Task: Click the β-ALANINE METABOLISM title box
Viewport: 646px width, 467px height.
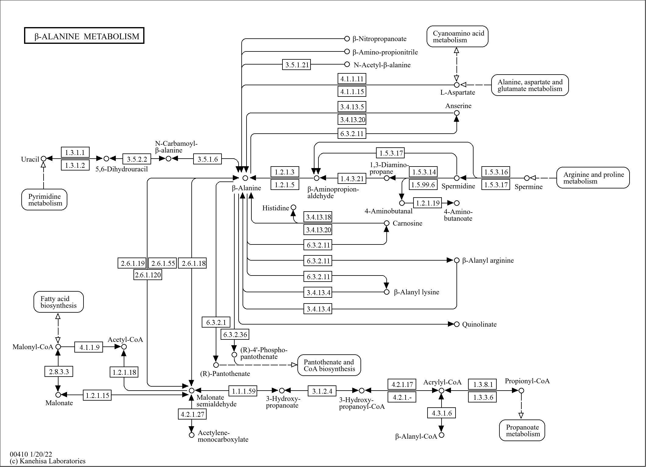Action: [x=84, y=36]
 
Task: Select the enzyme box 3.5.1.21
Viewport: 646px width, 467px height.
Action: [x=296, y=65]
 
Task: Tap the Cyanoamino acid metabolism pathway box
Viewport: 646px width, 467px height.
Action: [x=457, y=37]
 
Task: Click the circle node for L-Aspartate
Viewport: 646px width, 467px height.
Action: [x=456, y=85]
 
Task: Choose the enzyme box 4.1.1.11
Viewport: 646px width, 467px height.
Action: [x=352, y=79]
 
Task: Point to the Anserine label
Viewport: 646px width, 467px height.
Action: [x=458, y=106]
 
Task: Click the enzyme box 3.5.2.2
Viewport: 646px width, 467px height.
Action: [x=137, y=159]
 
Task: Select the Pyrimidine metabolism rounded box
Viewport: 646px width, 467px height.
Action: [x=44, y=200]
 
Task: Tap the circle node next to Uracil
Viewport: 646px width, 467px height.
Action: [x=44, y=159]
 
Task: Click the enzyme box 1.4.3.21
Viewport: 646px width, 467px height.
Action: [x=352, y=178]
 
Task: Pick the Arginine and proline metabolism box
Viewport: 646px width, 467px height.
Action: [x=593, y=178]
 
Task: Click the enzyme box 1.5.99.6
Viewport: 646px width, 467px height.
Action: [x=423, y=184]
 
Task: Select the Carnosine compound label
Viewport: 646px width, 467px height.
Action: [x=407, y=223]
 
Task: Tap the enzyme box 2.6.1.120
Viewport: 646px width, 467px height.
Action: [x=148, y=275]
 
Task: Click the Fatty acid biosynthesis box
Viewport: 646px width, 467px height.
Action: [x=59, y=302]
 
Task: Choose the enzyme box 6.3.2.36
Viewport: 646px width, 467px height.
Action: [x=235, y=335]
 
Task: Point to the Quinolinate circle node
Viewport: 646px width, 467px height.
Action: [x=456, y=324]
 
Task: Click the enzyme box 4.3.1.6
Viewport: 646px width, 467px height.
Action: [x=442, y=413]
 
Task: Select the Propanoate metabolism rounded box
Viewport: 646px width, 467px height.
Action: [x=522, y=430]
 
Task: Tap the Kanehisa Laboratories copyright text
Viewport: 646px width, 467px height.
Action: [x=48, y=461]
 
